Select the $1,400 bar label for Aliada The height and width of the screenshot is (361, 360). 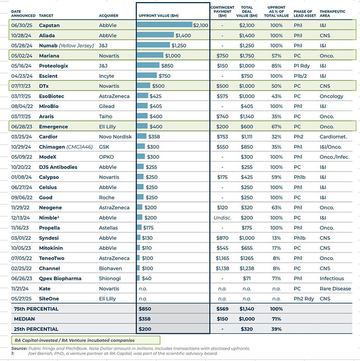coord(183,35)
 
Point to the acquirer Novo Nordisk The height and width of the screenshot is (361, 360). coord(115,137)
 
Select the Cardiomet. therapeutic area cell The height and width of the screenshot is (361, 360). coord(335,137)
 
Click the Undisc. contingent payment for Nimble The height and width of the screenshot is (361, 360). coord(223,218)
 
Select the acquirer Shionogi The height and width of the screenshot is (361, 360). coord(110,279)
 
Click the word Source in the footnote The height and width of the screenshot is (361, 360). coord(19,348)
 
